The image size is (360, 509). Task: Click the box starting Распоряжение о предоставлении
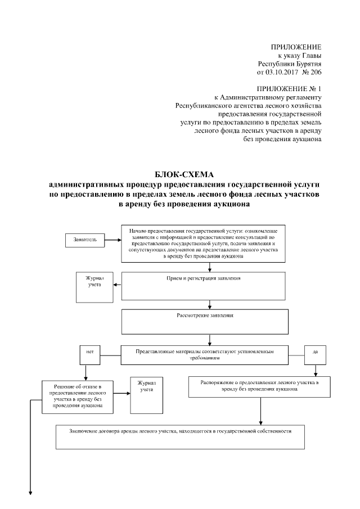259,386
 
